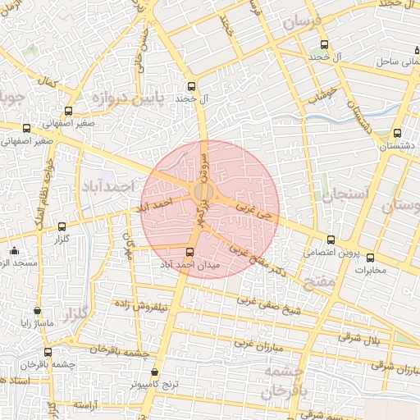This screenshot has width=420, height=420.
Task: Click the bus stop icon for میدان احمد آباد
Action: [190, 252]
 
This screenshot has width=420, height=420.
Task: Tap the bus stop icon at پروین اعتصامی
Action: [331, 240]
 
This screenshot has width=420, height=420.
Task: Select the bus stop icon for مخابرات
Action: [370, 258]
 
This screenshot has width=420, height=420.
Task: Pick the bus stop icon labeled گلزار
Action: [62, 226]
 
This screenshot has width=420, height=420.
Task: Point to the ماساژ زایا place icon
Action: [38, 311]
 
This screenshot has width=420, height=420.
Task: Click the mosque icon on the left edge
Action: [12, 250]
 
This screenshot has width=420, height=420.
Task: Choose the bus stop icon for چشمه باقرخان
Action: [47, 352]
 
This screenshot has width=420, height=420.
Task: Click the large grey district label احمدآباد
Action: [107, 187]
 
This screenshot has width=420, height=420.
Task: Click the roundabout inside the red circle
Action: [203, 193]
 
